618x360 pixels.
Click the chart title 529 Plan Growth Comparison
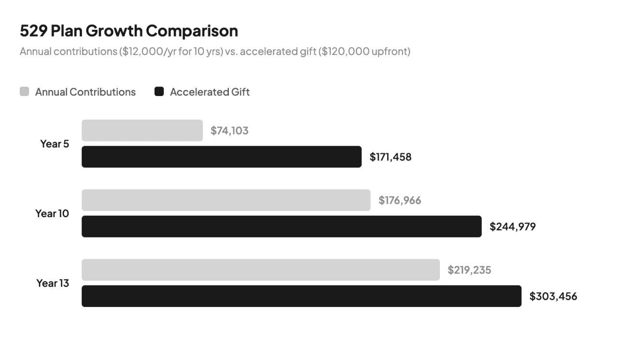128,31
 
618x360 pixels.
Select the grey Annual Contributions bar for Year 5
142,130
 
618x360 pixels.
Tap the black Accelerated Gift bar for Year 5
221,157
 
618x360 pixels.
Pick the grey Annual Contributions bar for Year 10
226,200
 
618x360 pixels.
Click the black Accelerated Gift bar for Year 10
281,226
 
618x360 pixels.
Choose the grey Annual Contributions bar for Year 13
261,270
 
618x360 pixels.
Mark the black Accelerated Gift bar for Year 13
301,296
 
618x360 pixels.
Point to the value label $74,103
229,130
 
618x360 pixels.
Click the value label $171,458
390,157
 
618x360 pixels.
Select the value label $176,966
399,200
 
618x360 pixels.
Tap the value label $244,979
512,226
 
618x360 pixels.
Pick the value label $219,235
469,270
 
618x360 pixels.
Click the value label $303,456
553,296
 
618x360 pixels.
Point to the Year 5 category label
54,144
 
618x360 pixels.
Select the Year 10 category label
52,213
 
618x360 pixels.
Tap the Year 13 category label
52,283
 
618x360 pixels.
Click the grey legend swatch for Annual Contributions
24,92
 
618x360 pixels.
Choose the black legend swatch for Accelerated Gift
159,92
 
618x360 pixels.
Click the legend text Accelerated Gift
210,92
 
